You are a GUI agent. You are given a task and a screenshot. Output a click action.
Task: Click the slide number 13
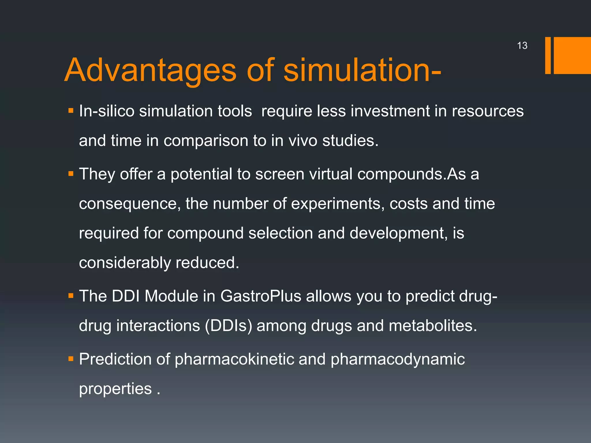coord(522,46)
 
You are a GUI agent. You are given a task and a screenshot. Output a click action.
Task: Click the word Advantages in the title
coord(150,70)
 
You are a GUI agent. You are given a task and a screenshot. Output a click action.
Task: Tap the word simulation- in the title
coord(362,70)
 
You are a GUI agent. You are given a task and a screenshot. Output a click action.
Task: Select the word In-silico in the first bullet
coord(106,111)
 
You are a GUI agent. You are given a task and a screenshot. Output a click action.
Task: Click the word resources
coord(487,111)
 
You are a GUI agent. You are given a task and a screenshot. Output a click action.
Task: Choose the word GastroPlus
coord(261,296)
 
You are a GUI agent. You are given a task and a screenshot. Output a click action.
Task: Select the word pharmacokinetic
coord(234,359)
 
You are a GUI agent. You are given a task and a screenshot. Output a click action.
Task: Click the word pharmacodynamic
coord(398,359)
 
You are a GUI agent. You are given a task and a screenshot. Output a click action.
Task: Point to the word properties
coord(115,389)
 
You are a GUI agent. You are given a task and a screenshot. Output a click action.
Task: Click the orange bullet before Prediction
coord(71,359)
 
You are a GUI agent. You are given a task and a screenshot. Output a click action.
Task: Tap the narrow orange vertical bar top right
coord(548,55)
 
